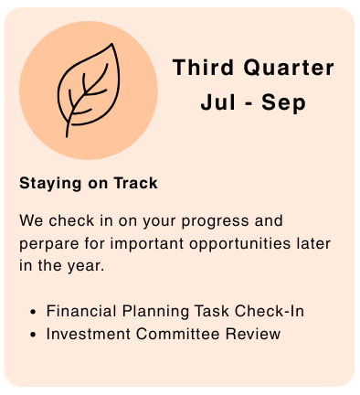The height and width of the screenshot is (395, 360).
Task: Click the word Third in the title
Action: coord(203,67)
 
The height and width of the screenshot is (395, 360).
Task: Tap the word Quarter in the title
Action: coord(289,68)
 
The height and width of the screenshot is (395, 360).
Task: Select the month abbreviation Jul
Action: coord(217,102)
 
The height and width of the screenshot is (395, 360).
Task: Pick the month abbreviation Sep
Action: coord(283,103)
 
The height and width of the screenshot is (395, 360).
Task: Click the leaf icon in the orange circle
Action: coord(89,91)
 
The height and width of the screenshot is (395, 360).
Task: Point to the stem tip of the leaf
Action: coord(67,136)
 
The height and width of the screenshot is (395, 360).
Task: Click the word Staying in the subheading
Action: coord(50,184)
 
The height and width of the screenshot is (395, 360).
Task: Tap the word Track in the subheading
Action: coord(136,183)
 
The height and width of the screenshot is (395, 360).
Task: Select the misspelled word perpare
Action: coord(48,244)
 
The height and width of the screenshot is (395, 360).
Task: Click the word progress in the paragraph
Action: coord(215,221)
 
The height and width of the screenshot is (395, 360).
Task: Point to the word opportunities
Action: coord(239,244)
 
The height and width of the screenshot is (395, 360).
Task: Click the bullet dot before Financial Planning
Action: coord(33,312)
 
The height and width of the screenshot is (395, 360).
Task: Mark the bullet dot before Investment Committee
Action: coord(33,335)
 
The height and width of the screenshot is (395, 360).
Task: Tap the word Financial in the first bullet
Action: coord(81,311)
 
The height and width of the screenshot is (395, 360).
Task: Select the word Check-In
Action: coord(270,311)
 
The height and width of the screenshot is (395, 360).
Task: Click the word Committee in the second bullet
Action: coord(177,334)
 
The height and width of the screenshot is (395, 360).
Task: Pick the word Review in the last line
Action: coord(253,334)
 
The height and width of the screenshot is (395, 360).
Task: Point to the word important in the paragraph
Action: coord(147,244)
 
